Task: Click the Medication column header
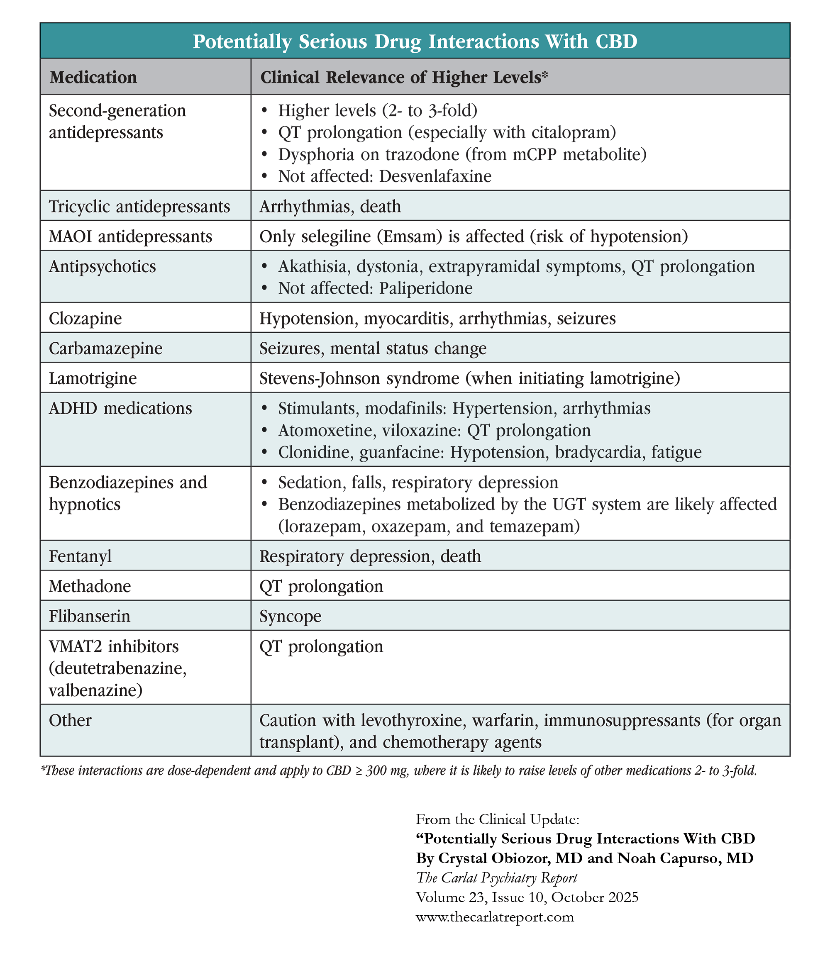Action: point(93,77)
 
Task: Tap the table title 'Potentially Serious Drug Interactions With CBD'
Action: point(415,41)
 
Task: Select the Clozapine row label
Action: point(85,318)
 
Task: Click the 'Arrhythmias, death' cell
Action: point(330,206)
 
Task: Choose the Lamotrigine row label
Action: point(93,378)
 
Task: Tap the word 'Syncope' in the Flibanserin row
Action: point(290,616)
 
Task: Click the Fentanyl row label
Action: point(80,556)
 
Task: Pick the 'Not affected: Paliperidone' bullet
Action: point(375,288)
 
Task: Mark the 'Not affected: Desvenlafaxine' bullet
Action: point(384,176)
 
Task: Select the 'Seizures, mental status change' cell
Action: point(373,348)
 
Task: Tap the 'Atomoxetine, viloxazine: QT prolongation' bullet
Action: point(435,430)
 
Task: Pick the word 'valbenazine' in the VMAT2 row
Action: point(95,690)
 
